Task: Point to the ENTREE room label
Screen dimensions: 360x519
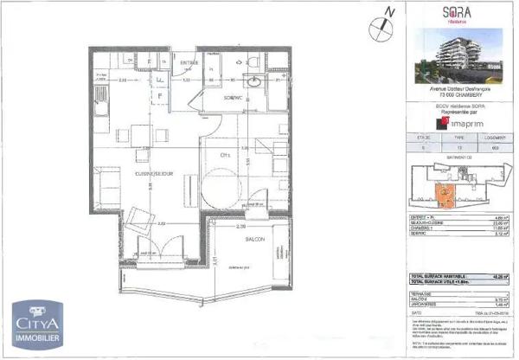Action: point(189,62)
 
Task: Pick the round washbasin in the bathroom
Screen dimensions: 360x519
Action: point(256,80)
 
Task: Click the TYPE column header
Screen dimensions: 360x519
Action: point(458,137)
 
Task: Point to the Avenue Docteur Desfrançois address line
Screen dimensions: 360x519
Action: point(458,87)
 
